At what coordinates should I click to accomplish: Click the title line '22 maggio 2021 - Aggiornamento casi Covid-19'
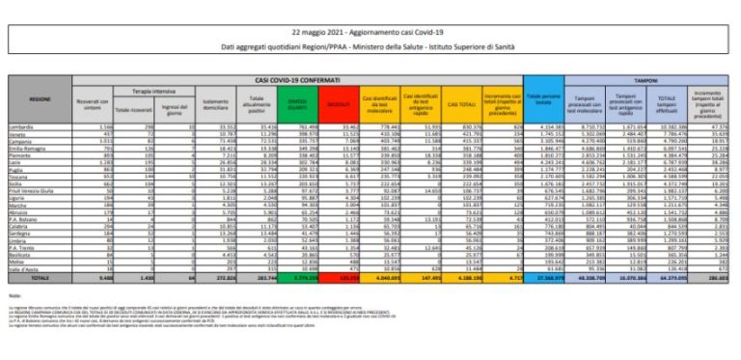click(370, 22)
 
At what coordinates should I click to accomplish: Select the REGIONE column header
click(40, 99)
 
